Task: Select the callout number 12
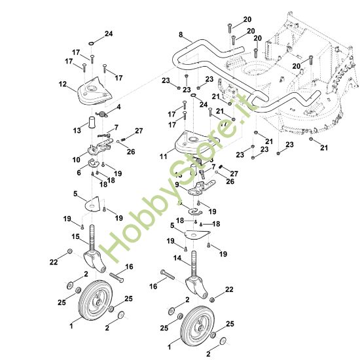(x=63, y=84)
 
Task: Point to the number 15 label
(x=76, y=236)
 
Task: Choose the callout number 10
(x=77, y=159)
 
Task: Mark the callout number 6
(x=79, y=172)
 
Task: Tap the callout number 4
(x=118, y=107)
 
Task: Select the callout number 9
(x=177, y=185)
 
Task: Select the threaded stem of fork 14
(x=194, y=268)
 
